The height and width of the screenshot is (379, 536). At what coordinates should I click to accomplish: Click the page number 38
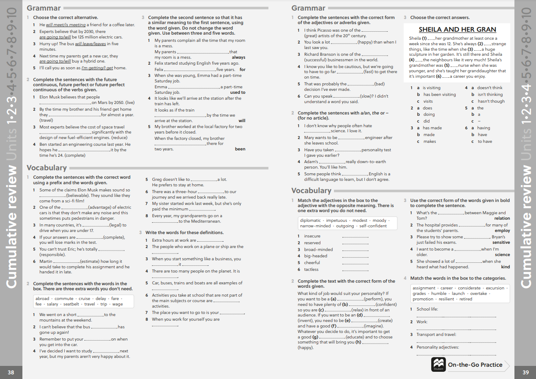11,372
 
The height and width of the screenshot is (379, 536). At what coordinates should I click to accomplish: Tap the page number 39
525,372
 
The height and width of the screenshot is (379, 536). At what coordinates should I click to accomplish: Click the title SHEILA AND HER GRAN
457,30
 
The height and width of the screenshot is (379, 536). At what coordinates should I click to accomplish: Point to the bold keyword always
238,57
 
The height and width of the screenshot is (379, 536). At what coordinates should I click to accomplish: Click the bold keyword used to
238,93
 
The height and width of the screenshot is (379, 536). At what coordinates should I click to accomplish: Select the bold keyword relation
502,218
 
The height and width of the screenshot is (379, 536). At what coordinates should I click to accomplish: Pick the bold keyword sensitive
501,243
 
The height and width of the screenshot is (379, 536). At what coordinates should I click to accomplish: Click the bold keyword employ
502,231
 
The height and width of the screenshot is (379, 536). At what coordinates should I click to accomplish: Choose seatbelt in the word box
71,304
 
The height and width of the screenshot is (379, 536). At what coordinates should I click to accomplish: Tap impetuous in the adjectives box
336,221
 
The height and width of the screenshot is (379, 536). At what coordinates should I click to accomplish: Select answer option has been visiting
440,95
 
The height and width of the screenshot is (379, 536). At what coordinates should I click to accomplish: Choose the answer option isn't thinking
490,95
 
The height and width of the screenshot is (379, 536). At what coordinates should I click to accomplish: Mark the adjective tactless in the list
311,270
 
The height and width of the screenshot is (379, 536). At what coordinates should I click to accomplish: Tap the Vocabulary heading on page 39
311,191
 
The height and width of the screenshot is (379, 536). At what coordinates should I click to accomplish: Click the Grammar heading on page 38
44,8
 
